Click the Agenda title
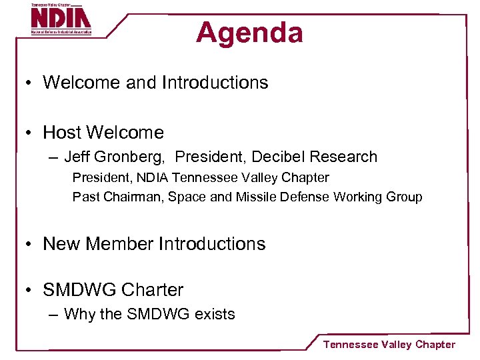pos(249,33)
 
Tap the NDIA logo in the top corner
pos(61,19)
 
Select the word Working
pos(359,197)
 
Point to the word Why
pos(79,315)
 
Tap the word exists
pos(215,315)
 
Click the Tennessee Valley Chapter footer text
pos(389,345)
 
